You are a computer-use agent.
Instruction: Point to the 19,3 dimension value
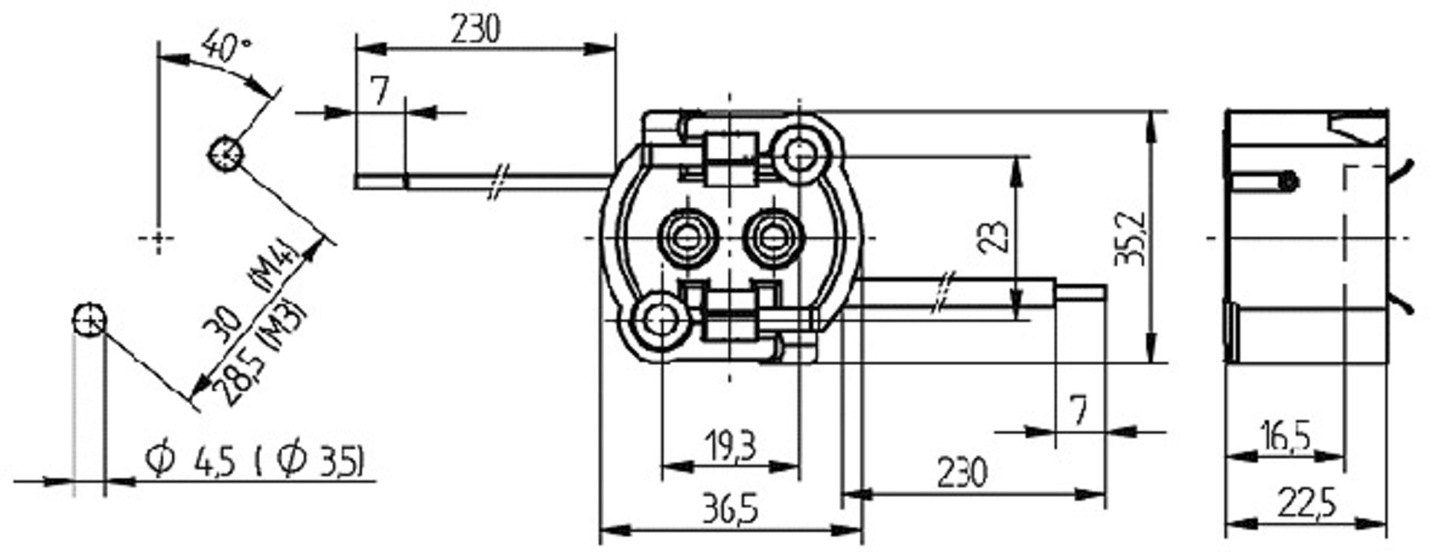tap(729, 446)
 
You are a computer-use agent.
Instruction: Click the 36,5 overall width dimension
tap(729, 510)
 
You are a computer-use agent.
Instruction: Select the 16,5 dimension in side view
tap(1283, 436)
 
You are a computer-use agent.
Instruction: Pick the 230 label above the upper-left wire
tap(475, 30)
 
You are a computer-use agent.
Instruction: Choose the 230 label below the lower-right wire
tap(962, 473)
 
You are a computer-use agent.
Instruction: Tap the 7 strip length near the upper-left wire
tap(381, 92)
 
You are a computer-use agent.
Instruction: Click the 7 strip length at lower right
tap(1078, 410)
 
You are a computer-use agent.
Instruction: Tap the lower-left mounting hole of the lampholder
tap(660, 321)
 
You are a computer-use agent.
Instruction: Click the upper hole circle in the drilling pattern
tap(224, 153)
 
